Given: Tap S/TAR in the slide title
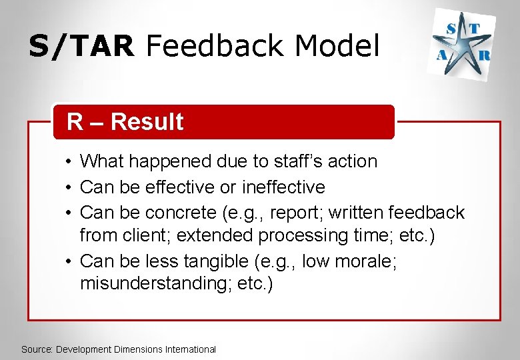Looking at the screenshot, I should click(x=81, y=46).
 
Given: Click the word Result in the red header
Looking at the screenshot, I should click(x=147, y=122).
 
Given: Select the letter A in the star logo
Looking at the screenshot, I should click(x=441, y=57).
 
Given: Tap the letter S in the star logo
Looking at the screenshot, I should click(x=452, y=27).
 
